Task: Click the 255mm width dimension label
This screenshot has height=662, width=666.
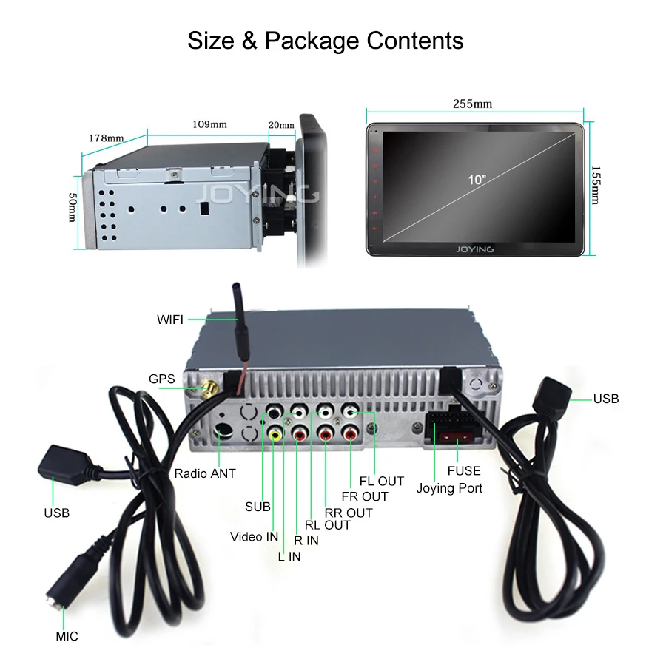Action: tap(472, 104)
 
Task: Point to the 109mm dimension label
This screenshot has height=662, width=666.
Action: tap(209, 124)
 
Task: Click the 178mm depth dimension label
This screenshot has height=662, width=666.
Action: tap(107, 138)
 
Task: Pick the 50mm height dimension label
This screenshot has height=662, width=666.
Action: tap(73, 207)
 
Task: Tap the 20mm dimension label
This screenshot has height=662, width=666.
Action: tap(281, 124)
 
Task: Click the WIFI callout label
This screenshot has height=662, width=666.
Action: tap(170, 320)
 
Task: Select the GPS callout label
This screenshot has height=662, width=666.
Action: tap(162, 379)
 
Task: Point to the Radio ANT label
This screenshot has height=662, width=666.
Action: tap(205, 473)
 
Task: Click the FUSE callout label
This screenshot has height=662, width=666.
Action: tap(464, 470)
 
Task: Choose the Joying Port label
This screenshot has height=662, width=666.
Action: tap(449, 488)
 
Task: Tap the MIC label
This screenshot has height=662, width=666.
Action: tap(67, 636)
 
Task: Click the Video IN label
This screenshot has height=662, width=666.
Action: tap(254, 536)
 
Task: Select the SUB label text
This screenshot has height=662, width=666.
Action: tap(258, 507)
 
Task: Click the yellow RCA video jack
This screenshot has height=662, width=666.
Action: tap(276, 435)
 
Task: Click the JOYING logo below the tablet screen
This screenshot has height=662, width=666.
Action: tap(475, 249)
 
